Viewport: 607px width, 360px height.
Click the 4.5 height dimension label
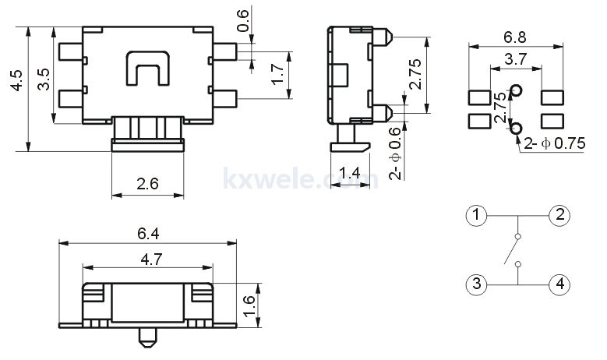tap(17, 80)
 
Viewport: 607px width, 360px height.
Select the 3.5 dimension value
tap(44, 79)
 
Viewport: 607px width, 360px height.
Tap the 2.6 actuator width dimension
tap(147, 183)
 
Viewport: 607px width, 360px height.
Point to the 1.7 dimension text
tap(277, 74)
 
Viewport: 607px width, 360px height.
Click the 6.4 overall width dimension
tap(148, 234)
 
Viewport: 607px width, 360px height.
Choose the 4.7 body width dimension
tap(151, 259)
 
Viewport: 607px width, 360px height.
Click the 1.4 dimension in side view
tap(349, 172)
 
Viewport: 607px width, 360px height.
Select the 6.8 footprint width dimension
tap(515, 37)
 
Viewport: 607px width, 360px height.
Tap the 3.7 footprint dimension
tap(516, 59)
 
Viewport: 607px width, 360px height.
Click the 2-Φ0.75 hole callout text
tap(554, 143)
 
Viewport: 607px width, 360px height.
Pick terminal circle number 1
tap(476, 215)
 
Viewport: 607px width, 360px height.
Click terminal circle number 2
tap(559, 215)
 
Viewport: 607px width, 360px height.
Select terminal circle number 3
tap(476, 284)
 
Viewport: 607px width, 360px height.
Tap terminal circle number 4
tap(559, 284)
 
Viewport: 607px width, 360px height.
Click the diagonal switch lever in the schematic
tap(511, 251)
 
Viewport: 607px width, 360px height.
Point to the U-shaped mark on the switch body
tap(148, 68)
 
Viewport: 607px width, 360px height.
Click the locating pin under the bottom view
tap(147, 337)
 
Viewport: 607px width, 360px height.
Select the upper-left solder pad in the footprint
tap(480, 97)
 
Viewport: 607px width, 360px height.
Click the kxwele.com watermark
tap(301, 179)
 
